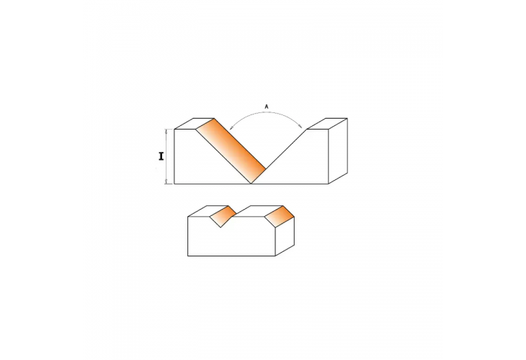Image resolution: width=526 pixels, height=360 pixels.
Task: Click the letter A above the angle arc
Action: (x=267, y=107)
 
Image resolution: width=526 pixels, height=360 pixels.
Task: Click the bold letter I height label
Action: (x=162, y=156)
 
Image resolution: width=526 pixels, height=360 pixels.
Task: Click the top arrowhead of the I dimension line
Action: (x=169, y=131)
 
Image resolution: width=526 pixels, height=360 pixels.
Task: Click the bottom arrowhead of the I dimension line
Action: (x=169, y=181)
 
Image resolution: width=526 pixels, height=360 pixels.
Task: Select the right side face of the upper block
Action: (x=337, y=152)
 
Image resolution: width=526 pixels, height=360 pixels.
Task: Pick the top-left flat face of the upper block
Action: (x=195, y=123)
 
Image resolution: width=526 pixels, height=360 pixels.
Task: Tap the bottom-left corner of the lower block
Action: (x=188, y=256)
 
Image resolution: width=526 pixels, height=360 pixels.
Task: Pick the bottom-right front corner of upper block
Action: (x=329, y=184)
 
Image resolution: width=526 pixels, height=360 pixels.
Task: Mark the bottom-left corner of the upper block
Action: (x=175, y=184)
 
